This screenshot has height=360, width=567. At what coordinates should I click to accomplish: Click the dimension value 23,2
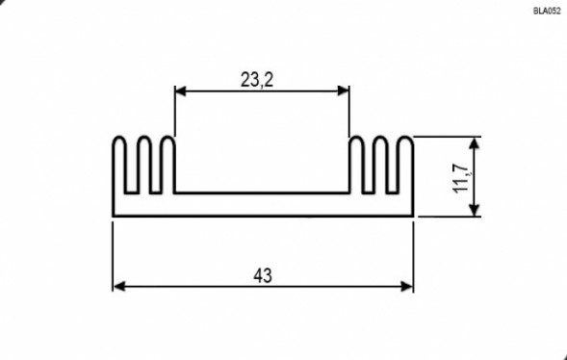(x=257, y=80)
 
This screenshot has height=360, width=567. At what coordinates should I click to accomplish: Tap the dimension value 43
(x=263, y=276)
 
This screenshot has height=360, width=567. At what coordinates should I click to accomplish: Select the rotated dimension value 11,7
(x=461, y=178)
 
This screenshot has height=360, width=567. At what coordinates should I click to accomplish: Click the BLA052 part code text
(x=547, y=11)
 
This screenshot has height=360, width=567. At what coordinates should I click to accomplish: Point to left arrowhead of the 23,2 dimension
(x=180, y=91)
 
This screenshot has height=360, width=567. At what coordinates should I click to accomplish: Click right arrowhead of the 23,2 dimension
(x=343, y=91)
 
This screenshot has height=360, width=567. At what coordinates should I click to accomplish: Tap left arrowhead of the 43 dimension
(x=119, y=287)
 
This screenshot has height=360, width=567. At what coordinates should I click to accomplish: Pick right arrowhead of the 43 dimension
(x=407, y=287)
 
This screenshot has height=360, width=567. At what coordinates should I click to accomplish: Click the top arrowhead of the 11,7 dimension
(x=474, y=143)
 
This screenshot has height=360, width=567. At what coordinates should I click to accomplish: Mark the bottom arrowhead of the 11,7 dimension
(x=474, y=210)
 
